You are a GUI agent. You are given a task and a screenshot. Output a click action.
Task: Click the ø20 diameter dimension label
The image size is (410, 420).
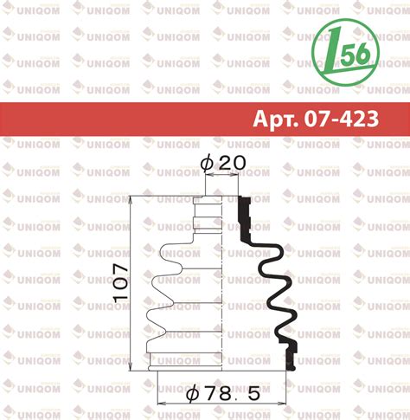click(x=223, y=163)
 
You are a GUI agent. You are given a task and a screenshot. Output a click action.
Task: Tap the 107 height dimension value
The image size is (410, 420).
click(x=120, y=282)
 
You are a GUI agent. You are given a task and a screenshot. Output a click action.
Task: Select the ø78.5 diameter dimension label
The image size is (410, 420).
click(x=223, y=393)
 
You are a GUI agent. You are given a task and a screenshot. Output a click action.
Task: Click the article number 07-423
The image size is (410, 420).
click(x=342, y=119)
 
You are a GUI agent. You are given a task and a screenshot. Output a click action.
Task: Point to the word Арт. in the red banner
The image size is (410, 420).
click(x=276, y=120)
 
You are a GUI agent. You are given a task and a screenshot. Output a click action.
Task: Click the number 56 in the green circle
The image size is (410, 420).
click(x=356, y=54)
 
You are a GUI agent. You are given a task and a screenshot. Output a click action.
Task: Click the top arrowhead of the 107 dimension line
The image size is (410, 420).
click(x=131, y=200)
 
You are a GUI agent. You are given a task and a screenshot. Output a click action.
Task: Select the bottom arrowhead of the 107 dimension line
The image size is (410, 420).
click(x=131, y=366)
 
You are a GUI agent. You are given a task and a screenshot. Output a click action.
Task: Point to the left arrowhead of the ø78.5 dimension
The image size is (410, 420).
click(x=162, y=403)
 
